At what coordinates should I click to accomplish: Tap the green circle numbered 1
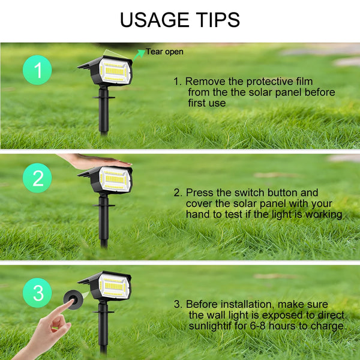pyautogui.click(x=38, y=71)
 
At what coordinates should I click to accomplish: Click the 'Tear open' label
pyautogui.click(x=164, y=52)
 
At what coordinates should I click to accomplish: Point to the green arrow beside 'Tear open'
pyautogui.click(x=139, y=53)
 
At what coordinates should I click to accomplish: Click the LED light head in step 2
pyautogui.click(x=114, y=179)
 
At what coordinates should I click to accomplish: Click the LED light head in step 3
pyautogui.click(x=114, y=286)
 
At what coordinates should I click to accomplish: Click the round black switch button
pyautogui.click(x=76, y=296)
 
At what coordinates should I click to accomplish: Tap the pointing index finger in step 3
pyautogui.click(x=62, y=310)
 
